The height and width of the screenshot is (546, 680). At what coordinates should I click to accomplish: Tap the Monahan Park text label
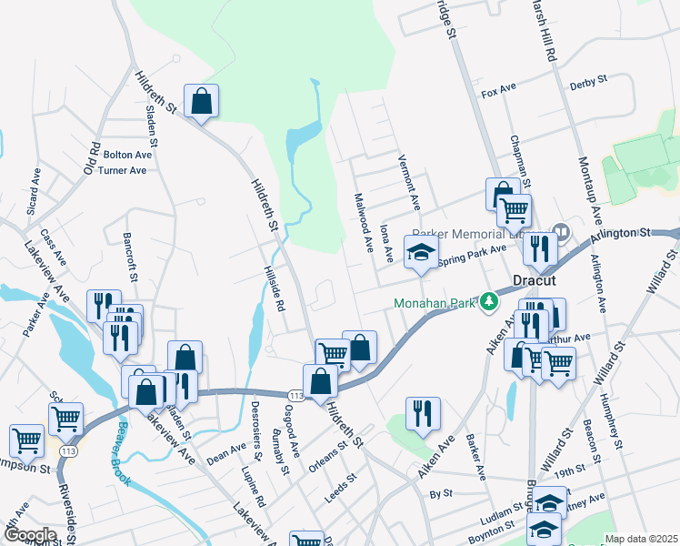point(434,303)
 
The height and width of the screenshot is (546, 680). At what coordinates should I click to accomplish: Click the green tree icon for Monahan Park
point(490,299)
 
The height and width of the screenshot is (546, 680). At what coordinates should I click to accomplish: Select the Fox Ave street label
point(498,92)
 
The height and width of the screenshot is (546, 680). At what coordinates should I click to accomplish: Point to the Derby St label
point(588,84)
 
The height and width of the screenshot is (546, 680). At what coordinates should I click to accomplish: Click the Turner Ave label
point(123,170)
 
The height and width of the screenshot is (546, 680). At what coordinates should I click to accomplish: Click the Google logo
point(29,535)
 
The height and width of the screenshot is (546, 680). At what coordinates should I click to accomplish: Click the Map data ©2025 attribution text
point(641,539)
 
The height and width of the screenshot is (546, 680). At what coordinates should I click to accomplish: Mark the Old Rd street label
point(90,158)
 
